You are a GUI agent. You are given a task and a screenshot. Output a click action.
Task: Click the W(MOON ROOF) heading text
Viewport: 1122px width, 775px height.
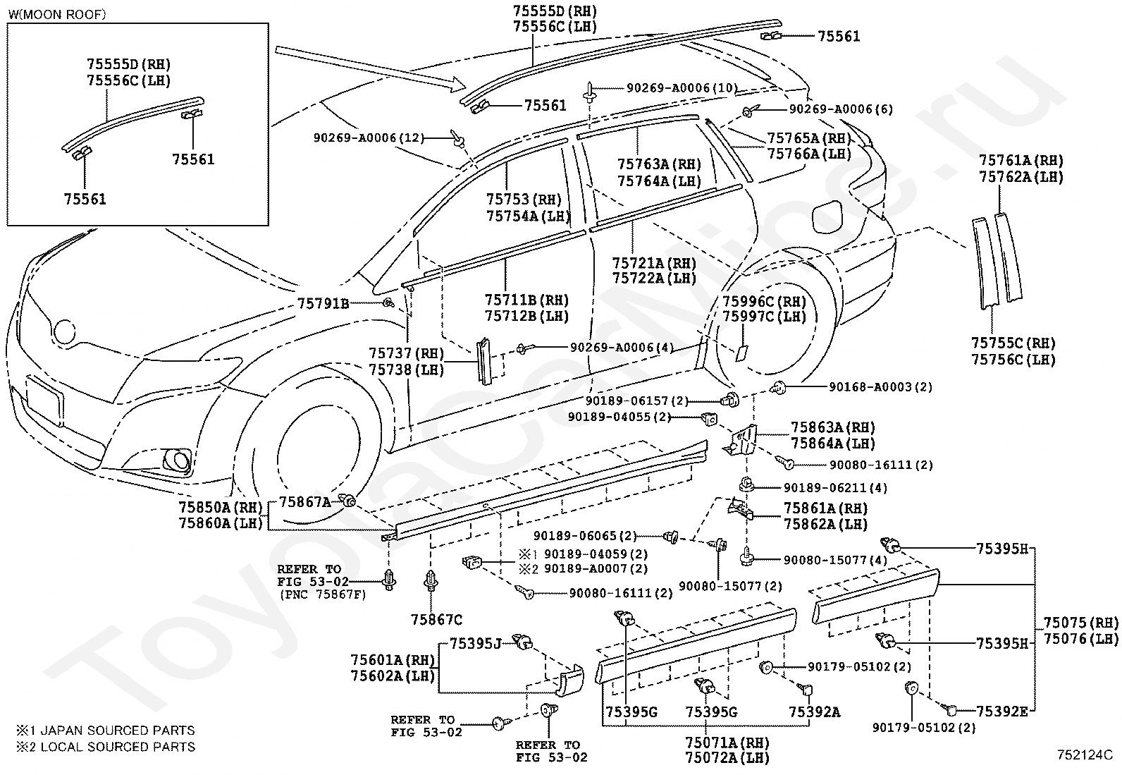coord(58,14)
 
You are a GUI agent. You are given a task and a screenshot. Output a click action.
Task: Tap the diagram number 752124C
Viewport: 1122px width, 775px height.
coord(1085,755)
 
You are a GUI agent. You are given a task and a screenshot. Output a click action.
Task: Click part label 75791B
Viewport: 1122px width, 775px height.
coord(323,304)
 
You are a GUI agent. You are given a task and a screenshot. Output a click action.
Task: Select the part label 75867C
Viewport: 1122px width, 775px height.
coord(436,620)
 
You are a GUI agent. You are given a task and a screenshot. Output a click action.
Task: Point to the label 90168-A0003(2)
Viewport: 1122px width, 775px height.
coord(880,387)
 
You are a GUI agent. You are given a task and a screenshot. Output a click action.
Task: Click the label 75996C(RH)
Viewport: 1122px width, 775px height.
coord(765,301)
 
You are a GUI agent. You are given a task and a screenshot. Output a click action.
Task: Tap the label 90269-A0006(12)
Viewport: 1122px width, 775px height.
coord(369,138)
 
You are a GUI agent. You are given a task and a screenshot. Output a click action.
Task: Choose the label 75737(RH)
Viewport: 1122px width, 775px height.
coord(406,353)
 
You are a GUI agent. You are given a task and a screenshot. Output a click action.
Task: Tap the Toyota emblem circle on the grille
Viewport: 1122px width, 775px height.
coord(64,331)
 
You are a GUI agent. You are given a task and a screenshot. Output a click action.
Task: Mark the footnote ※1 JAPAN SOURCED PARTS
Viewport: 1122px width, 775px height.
coord(105,731)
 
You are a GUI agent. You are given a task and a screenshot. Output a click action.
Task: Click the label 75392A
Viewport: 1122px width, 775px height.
coord(815,712)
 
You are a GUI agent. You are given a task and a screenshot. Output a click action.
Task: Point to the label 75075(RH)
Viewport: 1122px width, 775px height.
coord(1081,623)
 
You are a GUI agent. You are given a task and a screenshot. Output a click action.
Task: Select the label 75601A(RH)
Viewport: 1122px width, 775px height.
coord(393,660)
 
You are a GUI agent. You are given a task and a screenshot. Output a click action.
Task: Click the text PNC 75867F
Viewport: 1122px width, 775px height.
coord(326,594)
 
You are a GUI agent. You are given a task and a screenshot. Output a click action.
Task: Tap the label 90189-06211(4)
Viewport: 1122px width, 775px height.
coord(835,488)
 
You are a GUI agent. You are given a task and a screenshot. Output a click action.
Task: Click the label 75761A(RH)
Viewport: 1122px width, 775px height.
coord(1021,160)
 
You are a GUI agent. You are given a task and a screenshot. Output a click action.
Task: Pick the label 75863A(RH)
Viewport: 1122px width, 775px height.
coord(833,427)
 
